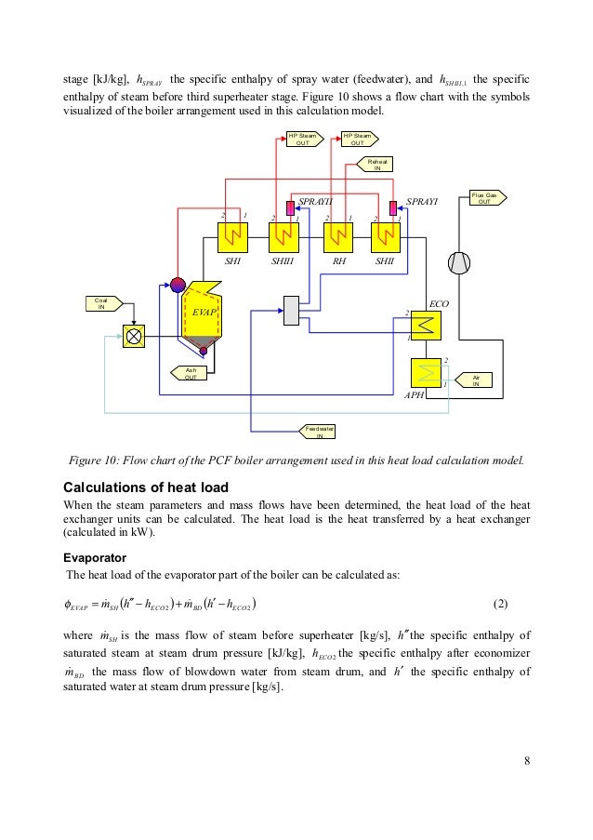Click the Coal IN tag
(102, 302)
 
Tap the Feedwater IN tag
(320, 431)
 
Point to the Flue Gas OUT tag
(483, 198)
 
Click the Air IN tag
(476, 380)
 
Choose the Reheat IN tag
(376, 165)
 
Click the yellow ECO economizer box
(426, 326)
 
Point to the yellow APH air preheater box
(426, 373)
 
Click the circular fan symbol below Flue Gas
(458, 263)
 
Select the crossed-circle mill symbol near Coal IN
(136, 336)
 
